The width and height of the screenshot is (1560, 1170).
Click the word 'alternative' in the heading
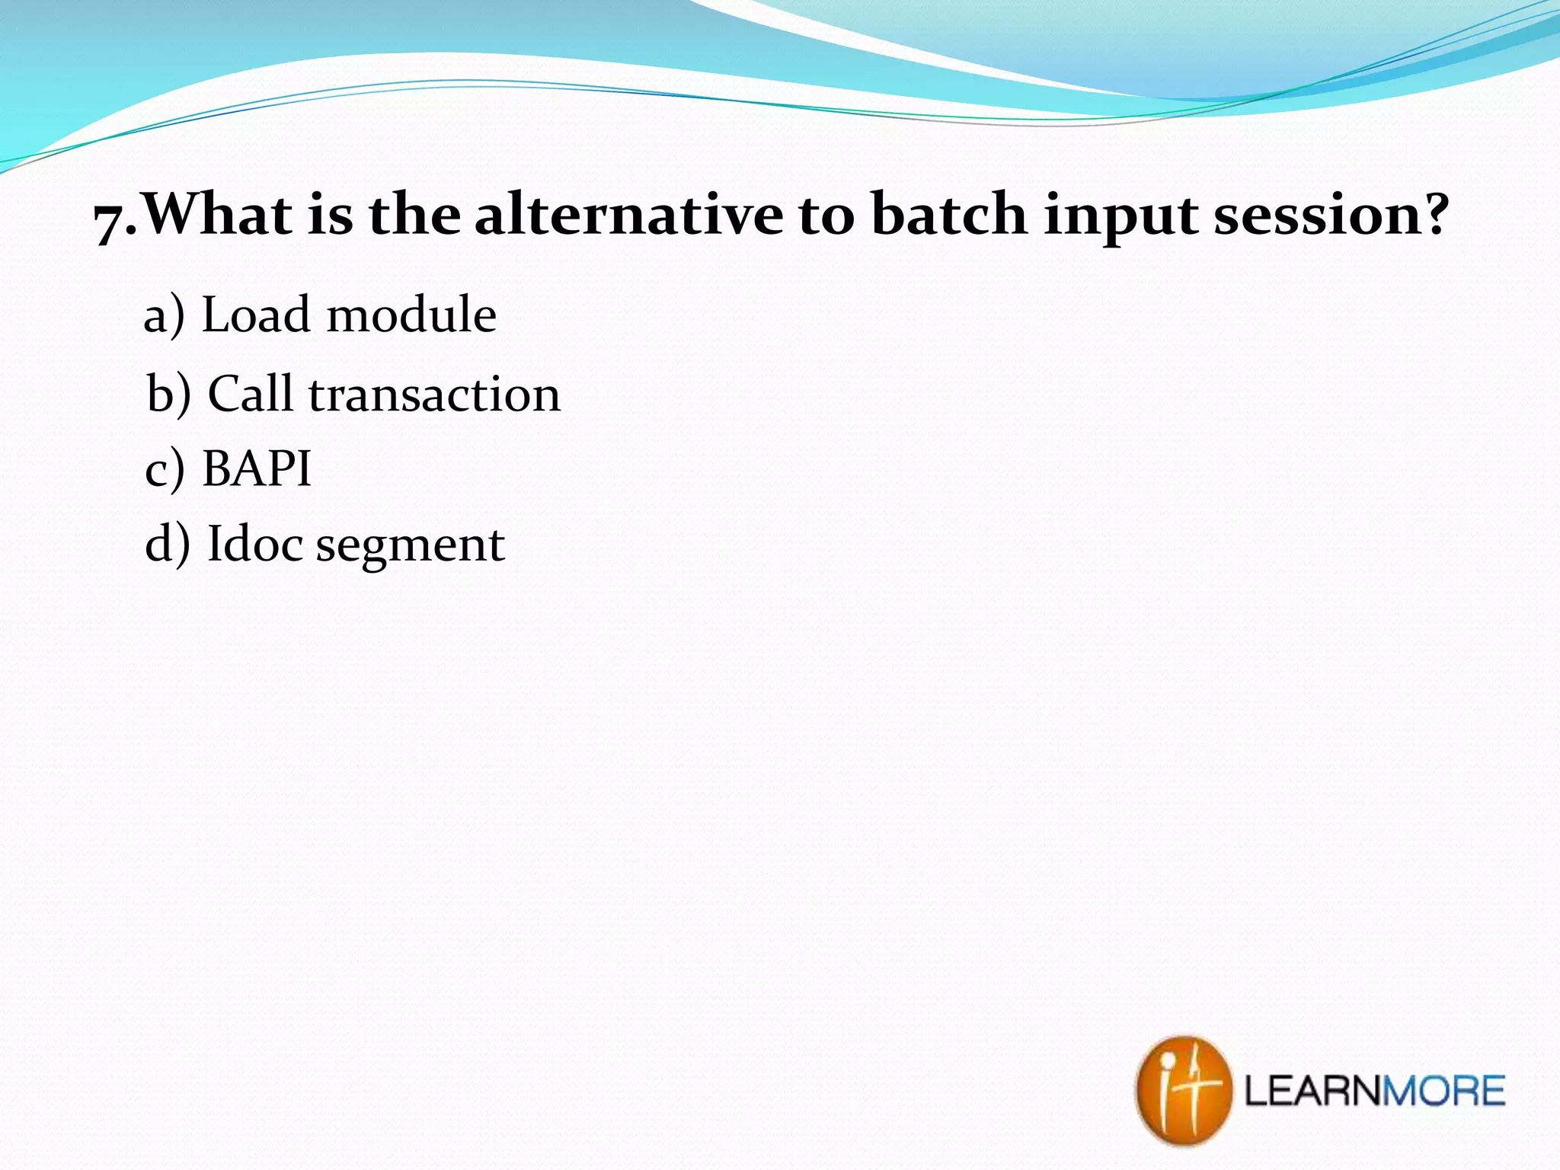pyautogui.click(x=628, y=215)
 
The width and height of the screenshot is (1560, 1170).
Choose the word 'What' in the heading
pyautogui.click(x=219, y=215)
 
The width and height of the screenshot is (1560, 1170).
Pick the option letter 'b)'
pyautogui.click(x=168, y=394)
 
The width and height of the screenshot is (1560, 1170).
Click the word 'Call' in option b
pyautogui.click(x=250, y=394)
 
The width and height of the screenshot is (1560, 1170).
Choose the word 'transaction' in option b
pyautogui.click(x=434, y=395)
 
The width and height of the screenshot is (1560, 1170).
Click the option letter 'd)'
pyautogui.click(x=167, y=544)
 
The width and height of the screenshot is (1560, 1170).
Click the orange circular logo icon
pyautogui.click(x=1183, y=1090)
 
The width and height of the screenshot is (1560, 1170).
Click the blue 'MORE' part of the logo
pyautogui.click(x=1443, y=1091)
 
